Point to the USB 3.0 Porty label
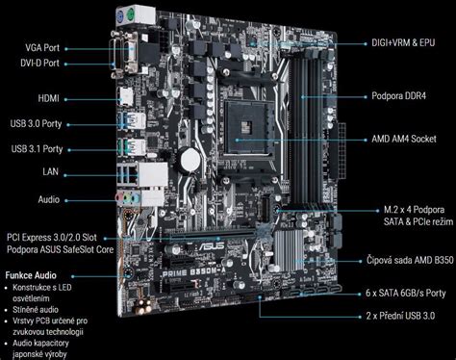tap(38, 123)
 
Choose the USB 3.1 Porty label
tap(38, 149)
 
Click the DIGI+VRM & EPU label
tap(410, 43)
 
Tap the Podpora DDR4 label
tap(404, 96)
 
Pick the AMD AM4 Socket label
tap(408, 139)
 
